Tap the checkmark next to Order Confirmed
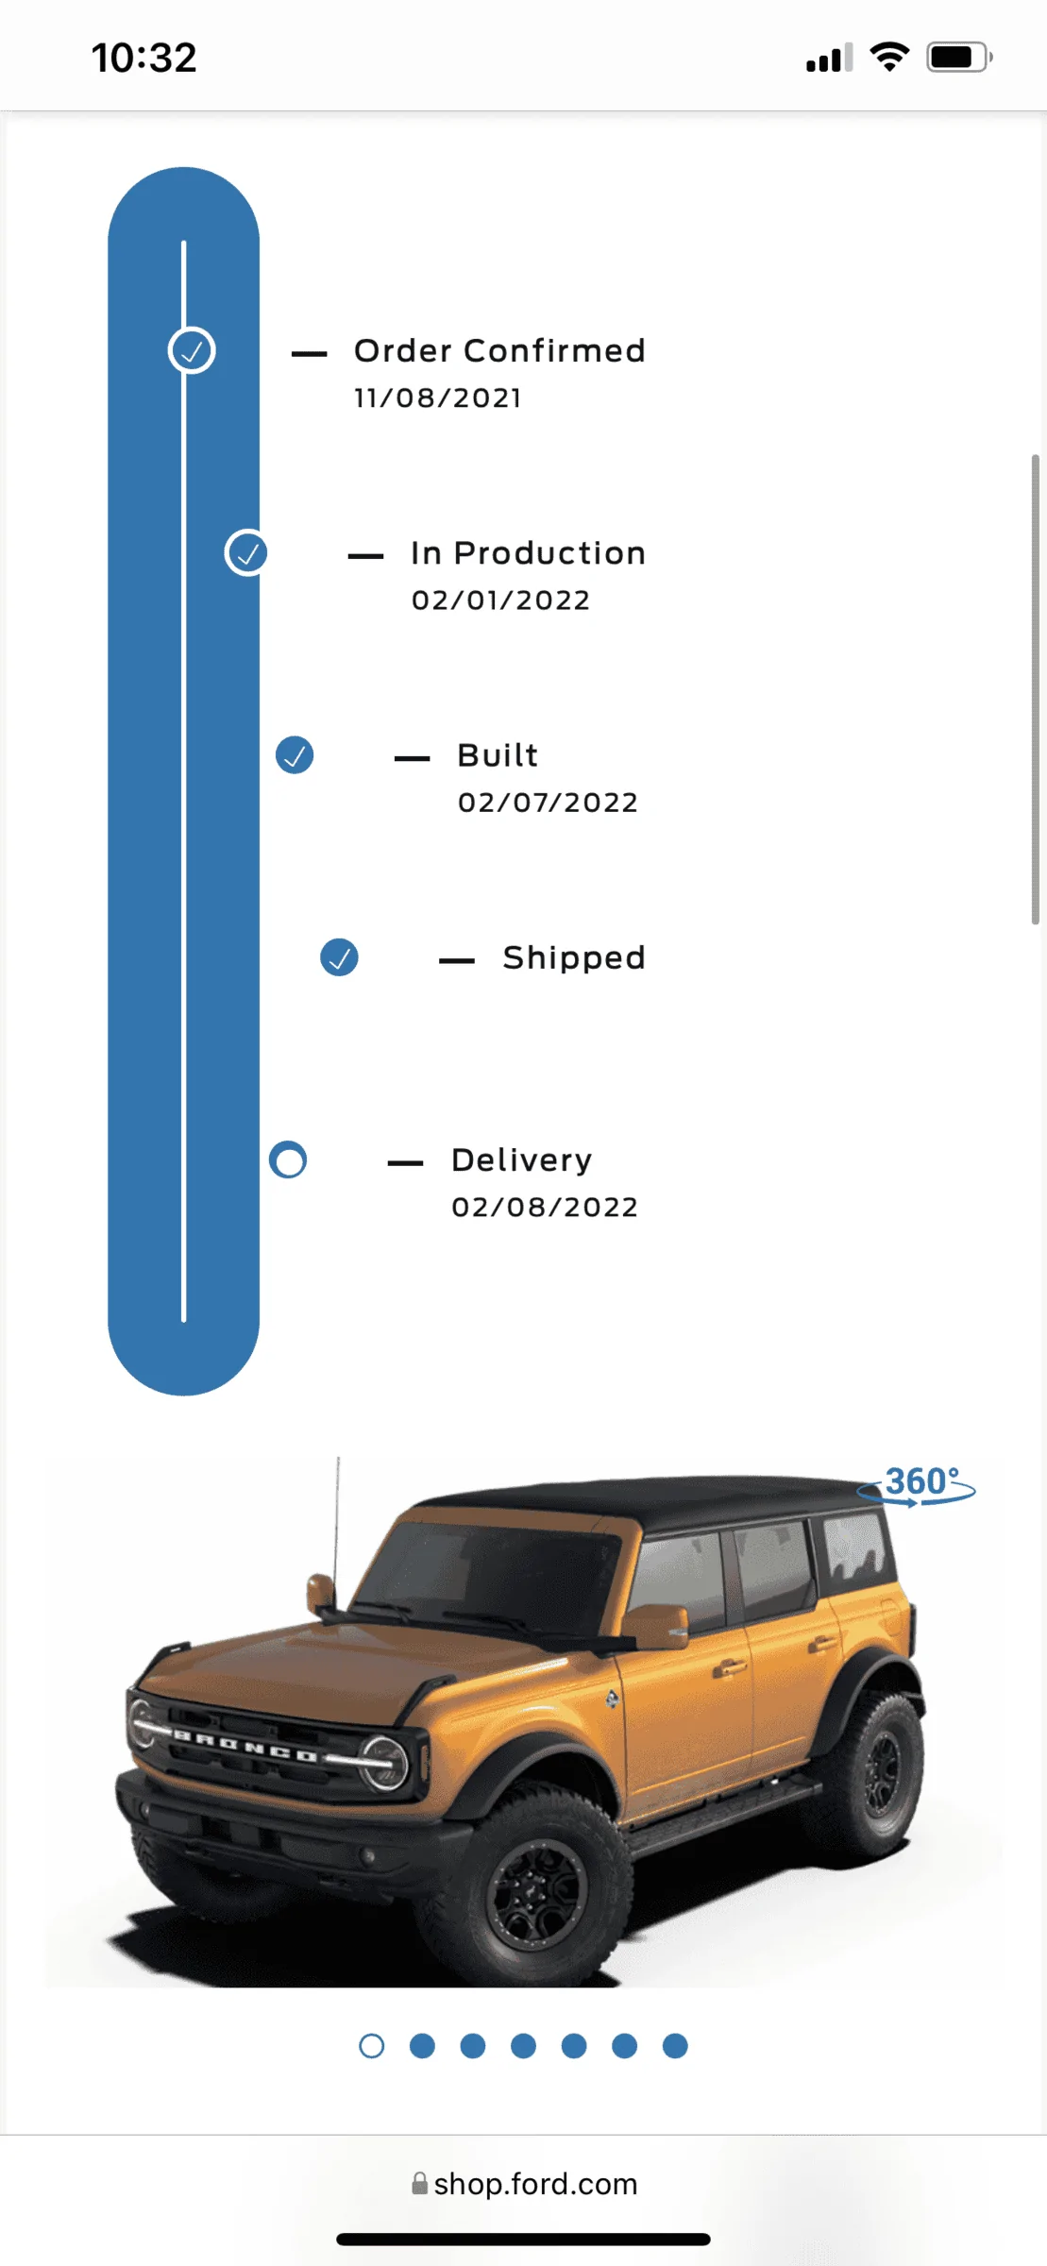192,351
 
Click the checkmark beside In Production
246,553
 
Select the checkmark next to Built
295,755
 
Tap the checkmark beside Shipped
339,957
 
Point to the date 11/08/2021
438,398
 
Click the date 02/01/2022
501,600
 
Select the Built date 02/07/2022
549,803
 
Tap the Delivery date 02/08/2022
545,1208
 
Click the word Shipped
574,958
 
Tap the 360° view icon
917,1485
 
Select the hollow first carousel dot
372,2046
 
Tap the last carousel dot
675,2046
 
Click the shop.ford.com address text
535,2184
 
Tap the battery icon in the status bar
959,58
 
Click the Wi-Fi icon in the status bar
889,57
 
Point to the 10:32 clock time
144,58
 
